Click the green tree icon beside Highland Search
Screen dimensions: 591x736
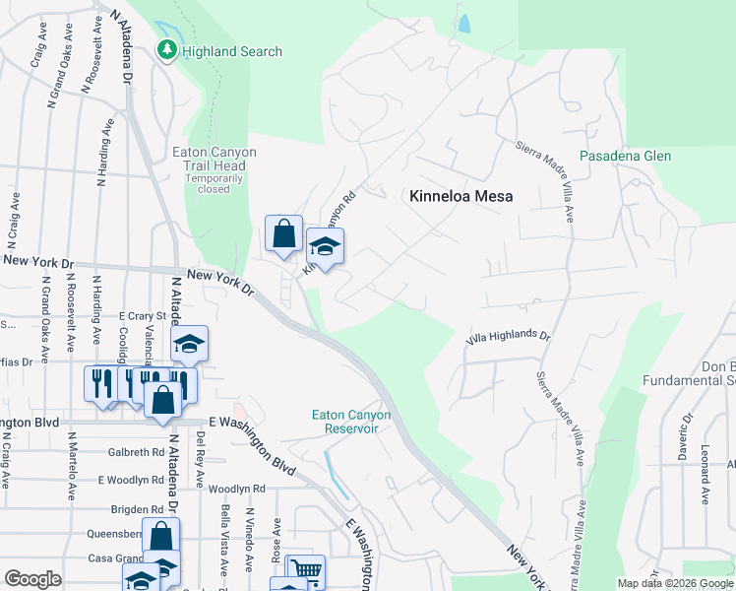click(x=168, y=51)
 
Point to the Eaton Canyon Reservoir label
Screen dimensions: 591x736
click(x=351, y=422)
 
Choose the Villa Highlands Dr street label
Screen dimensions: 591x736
click(x=508, y=338)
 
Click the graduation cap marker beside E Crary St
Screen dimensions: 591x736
click(x=189, y=344)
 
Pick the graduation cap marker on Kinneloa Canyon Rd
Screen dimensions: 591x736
click(x=326, y=247)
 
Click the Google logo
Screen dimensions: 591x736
click(x=32, y=579)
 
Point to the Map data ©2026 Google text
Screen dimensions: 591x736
click(x=674, y=584)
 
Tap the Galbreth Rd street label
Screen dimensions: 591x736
click(x=138, y=452)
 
